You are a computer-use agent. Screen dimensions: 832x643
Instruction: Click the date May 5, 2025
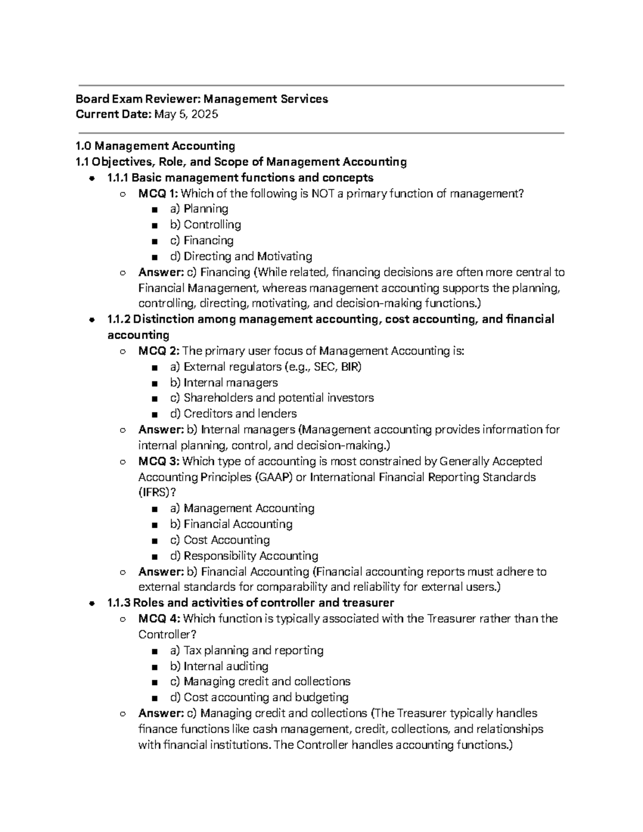186,114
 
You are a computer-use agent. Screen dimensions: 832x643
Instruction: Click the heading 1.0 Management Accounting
155,146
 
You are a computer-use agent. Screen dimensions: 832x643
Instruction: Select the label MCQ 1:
159,193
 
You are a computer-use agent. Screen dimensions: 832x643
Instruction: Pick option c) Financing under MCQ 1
202,241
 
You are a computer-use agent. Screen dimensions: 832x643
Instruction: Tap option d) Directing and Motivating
241,257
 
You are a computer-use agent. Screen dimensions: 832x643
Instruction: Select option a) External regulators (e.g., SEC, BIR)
266,367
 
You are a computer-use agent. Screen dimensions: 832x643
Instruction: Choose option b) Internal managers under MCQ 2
224,383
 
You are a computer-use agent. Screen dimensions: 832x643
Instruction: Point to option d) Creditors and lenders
233,414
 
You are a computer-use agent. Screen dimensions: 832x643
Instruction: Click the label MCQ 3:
159,461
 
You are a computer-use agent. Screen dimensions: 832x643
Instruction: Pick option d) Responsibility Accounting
244,556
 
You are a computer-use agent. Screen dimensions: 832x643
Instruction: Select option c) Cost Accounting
220,540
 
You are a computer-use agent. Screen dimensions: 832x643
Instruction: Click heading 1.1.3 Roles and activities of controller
250,603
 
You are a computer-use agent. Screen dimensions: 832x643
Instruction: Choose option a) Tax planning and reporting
247,650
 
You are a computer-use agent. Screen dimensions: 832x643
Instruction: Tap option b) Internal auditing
219,666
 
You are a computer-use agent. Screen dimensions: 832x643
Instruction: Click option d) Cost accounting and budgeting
259,698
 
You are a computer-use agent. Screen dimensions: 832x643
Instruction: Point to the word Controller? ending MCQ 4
167,634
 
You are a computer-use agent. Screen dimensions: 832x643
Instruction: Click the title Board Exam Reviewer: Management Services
201,99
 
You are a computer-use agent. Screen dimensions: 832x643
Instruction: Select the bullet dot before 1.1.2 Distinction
93,320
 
